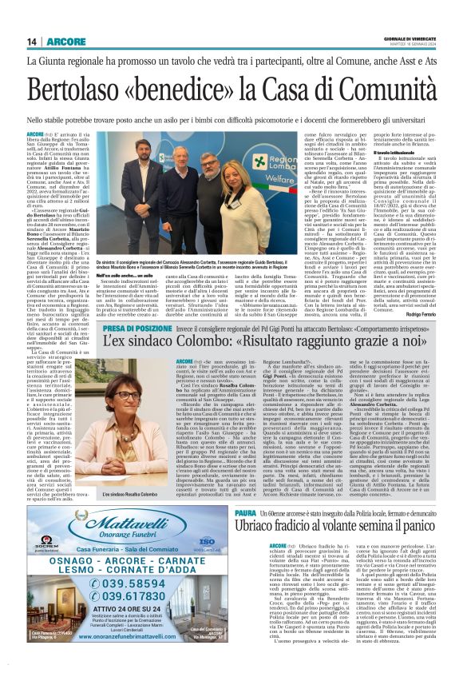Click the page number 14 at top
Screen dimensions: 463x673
32,42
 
